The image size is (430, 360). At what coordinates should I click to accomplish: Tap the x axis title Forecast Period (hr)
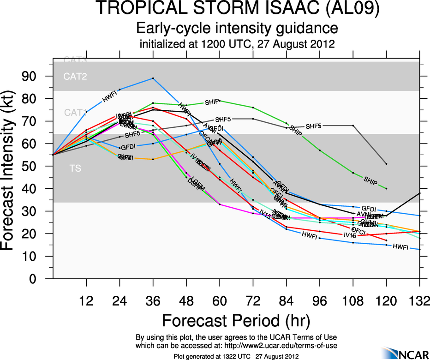pyautogui.click(x=236, y=320)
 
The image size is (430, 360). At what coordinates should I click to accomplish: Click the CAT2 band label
pyautogui.click(x=75, y=77)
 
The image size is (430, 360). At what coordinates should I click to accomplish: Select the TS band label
pyautogui.click(x=75, y=168)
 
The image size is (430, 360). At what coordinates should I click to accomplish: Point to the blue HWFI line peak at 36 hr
pyautogui.click(x=153, y=78)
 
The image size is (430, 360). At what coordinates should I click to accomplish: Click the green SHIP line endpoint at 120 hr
pyautogui.click(x=386, y=189)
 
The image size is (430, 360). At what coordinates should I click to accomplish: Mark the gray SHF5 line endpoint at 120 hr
pyautogui.click(x=386, y=164)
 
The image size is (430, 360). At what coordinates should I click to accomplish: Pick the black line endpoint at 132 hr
pyautogui.click(x=419, y=193)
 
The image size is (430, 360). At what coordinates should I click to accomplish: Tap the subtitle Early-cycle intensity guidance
pyautogui.click(x=237, y=29)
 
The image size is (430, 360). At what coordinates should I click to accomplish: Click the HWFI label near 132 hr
pyautogui.click(x=400, y=247)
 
